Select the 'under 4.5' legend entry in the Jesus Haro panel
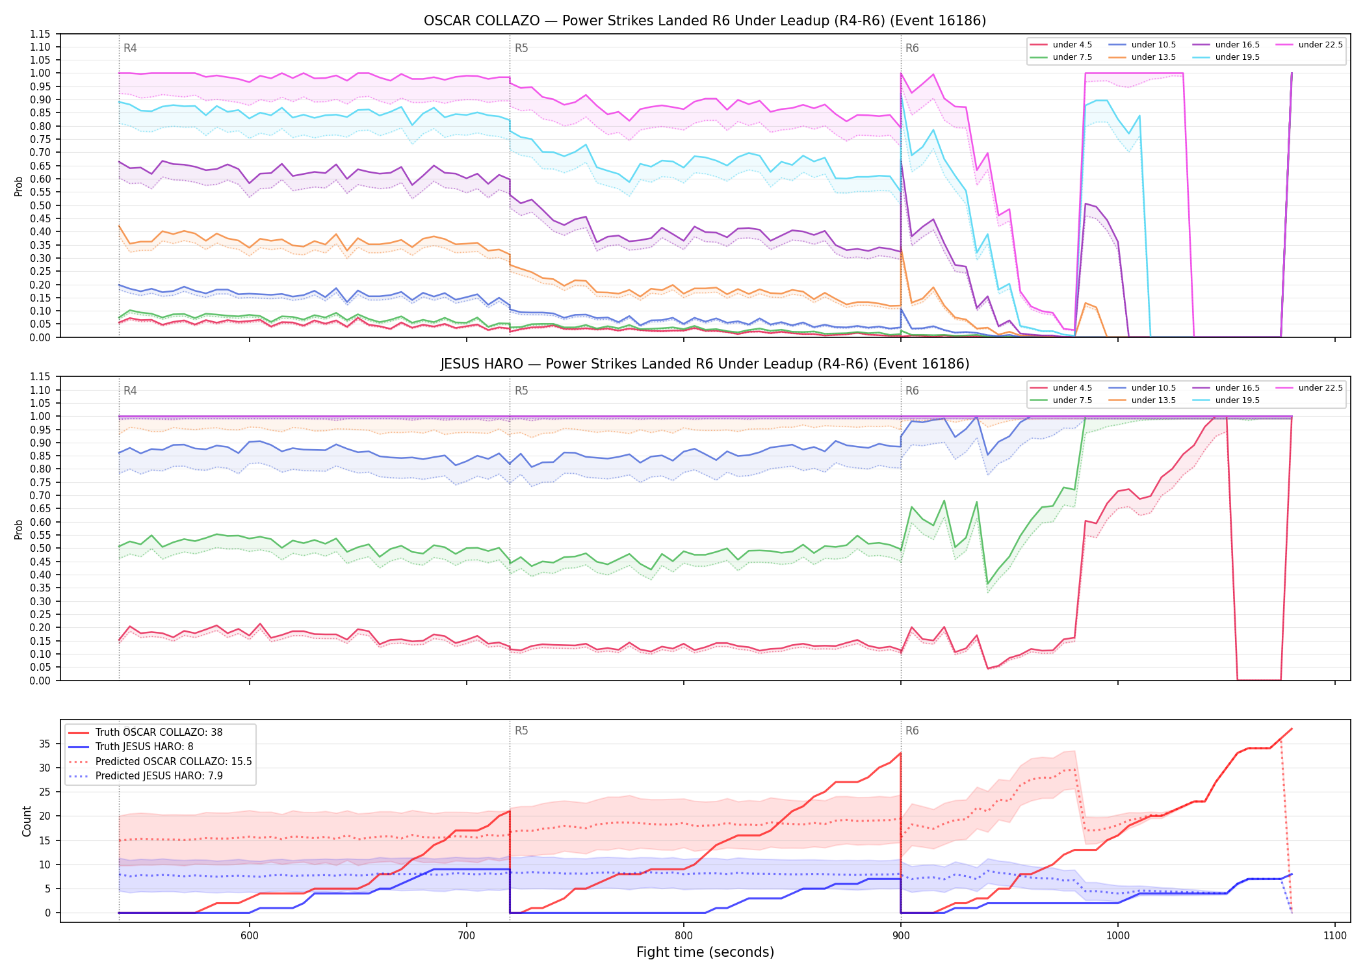coord(1061,388)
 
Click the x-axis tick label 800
coord(683,935)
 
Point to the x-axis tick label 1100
coord(1334,935)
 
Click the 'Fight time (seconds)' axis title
coord(705,952)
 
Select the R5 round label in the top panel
coord(521,48)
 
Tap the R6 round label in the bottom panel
coord(912,731)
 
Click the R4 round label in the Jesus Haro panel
coord(130,391)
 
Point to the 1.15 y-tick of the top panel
coord(40,34)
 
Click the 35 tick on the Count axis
coord(45,744)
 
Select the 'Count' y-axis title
coord(27,821)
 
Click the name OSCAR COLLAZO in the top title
coord(482,21)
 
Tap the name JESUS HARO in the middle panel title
coord(482,364)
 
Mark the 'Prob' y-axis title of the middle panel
coord(19,529)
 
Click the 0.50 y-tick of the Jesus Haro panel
coord(40,548)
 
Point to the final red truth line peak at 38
coord(1292,729)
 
